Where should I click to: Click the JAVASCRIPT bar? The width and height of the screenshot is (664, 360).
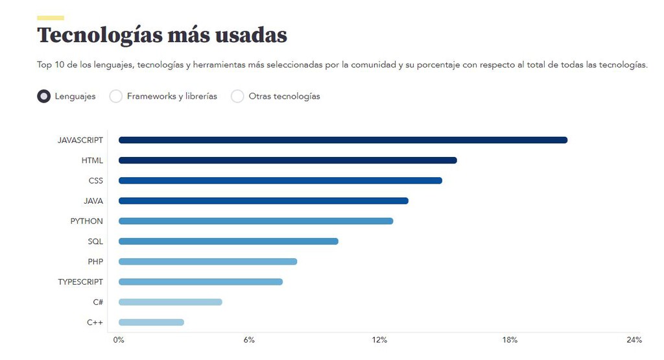tap(342, 140)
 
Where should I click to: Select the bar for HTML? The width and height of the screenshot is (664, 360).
tap(287, 160)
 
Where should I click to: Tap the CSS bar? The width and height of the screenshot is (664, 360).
tap(280, 180)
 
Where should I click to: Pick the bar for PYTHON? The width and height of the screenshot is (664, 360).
tap(255, 221)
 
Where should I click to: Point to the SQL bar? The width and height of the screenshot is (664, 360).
tap(228, 241)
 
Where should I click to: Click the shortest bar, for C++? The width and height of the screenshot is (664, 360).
tap(151, 322)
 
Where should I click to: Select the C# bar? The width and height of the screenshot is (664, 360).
tap(170, 302)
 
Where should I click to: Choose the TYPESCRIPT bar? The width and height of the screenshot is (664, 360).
tap(200, 282)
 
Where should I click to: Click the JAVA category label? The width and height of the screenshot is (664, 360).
tap(93, 201)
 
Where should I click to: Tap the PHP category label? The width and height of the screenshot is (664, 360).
tap(95, 261)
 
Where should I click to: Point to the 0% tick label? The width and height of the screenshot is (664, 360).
tap(119, 340)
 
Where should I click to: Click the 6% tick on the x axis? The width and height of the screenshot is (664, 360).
tap(249, 340)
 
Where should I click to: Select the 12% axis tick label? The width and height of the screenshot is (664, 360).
tap(379, 340)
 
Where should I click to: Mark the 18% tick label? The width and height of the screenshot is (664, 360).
tap(510, 340)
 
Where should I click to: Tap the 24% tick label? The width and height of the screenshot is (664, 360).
tap(634, 340)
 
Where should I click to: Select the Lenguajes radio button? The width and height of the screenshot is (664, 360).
tap(44, 96)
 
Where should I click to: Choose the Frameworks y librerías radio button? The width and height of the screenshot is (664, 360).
tap(116, 96)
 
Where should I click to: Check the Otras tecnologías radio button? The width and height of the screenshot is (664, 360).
tap(238, 96)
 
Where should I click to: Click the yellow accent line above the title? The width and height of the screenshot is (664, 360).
tap(51, 18)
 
